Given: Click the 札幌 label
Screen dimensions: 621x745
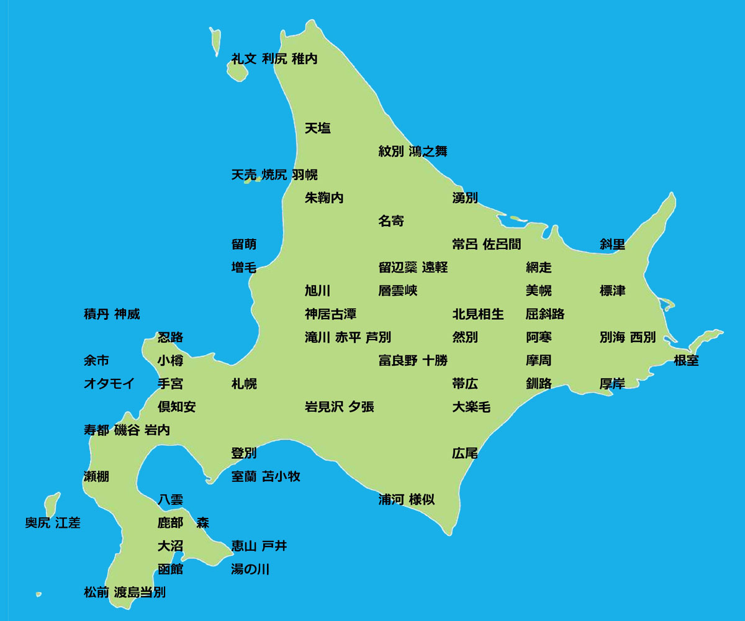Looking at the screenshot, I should click(x=244, y=384).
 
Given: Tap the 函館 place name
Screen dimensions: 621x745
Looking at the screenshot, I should click(x=170, y=569).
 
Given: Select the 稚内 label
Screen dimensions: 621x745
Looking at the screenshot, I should click(x=304, y=59).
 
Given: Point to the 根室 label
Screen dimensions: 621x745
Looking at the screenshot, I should click(x=686, y=360).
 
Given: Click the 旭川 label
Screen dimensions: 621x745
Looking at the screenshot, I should click(x=317, y=291).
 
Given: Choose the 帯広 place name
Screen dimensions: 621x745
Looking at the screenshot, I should click(x=465, y=384).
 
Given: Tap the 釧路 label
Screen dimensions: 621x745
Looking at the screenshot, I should click(x=539, y=384).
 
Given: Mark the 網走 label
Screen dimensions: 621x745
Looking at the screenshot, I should click(x=539, y=268).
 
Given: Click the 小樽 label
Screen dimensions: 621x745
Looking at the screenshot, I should click(x=170, y=360).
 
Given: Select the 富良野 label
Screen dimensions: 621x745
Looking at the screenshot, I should click(x=398, y=360).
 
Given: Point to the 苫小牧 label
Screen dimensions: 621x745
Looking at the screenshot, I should click(x=281, y=476).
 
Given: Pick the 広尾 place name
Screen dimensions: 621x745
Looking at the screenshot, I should click(x=465, y=453).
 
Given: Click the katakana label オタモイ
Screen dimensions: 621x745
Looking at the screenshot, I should click(x=109, y=384).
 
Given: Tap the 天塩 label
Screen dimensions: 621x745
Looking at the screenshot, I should click(x=317, y=129).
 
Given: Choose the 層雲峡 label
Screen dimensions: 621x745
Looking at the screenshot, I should click(x=398, y=291).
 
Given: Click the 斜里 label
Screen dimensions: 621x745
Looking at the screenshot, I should click(x=612, y=244).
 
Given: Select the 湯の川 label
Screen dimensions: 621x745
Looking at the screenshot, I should click(x=250, y=569).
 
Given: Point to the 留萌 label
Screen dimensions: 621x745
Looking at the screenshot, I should click(x=244, y=244).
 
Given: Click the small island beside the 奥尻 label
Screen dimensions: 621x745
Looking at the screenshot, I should click(x=52, y=504).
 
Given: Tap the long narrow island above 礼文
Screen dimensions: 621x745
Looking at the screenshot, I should click(x=215, y=40).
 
